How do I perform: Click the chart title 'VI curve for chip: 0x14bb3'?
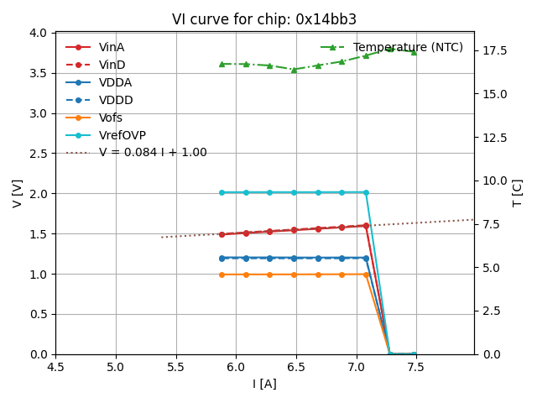[264, 19]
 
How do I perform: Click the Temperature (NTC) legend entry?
[408, 47]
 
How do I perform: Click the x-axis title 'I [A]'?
[264, 384]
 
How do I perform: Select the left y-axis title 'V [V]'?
[18, 193]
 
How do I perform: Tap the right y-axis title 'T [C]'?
[518, 193]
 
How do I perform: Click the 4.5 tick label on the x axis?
[55, 367]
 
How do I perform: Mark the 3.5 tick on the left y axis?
[39, 73]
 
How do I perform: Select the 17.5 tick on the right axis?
[495, 50]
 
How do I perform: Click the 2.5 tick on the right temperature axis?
[492, 311]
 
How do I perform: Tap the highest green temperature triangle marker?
[390, 49]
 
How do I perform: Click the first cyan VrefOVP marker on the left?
[222, 192]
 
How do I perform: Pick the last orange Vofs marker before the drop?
[366, 275]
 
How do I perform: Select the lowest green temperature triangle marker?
[294, 70]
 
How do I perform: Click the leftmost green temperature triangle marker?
[222, 64]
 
